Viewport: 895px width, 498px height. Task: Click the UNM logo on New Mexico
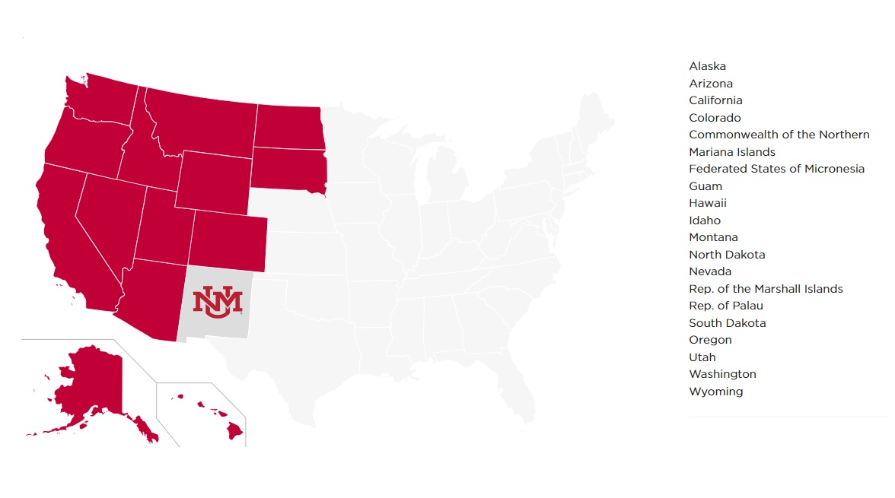(x=217, y=301)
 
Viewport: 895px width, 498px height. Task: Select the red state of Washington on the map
(x=103, y=100)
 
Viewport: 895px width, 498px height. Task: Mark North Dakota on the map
(x=288, y=125)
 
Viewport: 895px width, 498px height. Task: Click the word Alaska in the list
(x=707, y=66)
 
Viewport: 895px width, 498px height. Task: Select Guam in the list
(x=705, y=186)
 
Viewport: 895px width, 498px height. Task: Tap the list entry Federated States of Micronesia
(x=776, y=169)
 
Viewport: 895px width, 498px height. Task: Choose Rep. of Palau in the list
(x=725, y=306)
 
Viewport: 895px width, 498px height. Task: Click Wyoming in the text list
(x=715, y=392)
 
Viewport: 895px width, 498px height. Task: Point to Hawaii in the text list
(x=708, y=203)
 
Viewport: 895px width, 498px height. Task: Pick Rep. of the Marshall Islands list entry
(x=766, y=289)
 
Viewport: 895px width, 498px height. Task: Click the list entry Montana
(x=713, y=237)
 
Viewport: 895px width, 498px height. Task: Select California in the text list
(x=715, y=100)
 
